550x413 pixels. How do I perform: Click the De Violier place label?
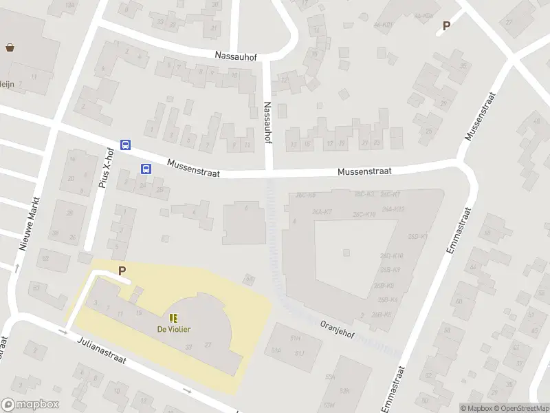173,329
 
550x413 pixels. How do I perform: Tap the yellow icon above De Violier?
173,318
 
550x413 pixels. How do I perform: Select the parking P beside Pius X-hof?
122,271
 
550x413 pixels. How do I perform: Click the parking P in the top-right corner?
446,26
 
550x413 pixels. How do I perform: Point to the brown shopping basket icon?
10,47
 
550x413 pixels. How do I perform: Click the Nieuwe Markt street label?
30,224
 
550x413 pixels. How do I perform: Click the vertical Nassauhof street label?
267,123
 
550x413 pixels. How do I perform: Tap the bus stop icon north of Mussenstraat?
125,145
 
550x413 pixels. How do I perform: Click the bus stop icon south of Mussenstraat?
146,169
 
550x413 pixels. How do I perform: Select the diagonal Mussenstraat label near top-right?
481,115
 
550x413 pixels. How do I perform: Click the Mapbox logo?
30,405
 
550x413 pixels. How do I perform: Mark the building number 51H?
296,339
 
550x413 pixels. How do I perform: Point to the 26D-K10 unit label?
390,256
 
